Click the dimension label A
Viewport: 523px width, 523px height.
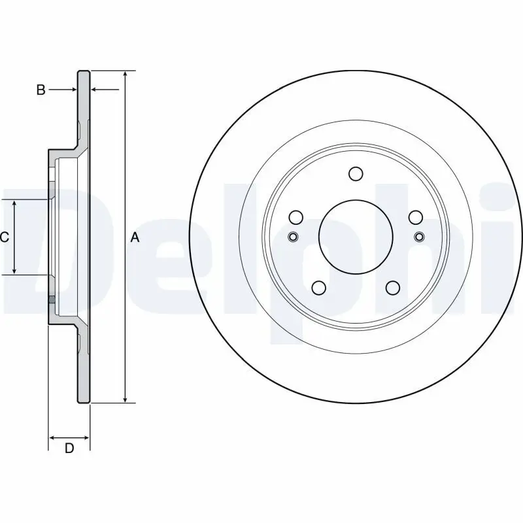point(135,237)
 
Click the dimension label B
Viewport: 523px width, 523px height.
point(41,90)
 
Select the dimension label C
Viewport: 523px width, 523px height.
point(4,237)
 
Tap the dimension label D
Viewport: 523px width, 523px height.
point(69,448)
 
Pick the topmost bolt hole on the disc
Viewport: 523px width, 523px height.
point(356,173)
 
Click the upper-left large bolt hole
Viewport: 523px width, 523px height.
point(295,217)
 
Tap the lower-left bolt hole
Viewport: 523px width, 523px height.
point(318,288)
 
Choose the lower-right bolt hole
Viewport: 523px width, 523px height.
point(393,288)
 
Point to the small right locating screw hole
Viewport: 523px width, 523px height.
point(419,237)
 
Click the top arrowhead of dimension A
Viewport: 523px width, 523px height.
point(124,74)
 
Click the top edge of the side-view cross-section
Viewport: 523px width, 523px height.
point(84,71)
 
